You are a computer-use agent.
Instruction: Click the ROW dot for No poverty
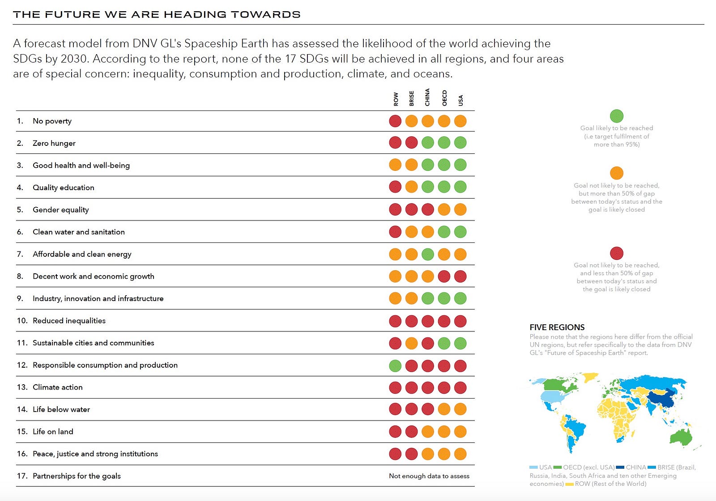click(x=395, y=121)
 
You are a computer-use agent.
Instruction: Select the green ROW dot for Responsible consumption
click(x=395, y=365)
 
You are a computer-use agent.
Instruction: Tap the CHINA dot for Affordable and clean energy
click(x=428, y=255)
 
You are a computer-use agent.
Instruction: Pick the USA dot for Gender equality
click(x=460, y=210)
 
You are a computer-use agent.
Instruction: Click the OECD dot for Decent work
click(x=444, y=276)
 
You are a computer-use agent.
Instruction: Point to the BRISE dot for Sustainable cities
click(x=411, y=344)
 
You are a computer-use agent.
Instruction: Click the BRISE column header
click(x=412, y=98)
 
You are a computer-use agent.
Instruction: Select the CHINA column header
click(x=428, y=97)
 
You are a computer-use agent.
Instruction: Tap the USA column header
click(x=460, y=100)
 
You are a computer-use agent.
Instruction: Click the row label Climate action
click(x=58, y=387)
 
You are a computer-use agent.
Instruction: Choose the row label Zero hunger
click(x=54, y=143)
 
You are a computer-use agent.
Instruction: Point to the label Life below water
click(x=61, y=409)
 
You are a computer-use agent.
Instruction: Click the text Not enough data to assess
click(x=429, y=476)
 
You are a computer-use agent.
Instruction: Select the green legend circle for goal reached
click(x=617, y=116)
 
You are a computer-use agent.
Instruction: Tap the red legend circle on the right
click(x=617, y=253)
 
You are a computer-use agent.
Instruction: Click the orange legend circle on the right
click(x=617, y=173)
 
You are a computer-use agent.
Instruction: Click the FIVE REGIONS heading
click(x=557, y=327)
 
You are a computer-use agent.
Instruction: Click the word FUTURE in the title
click(x=72, y=14)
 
